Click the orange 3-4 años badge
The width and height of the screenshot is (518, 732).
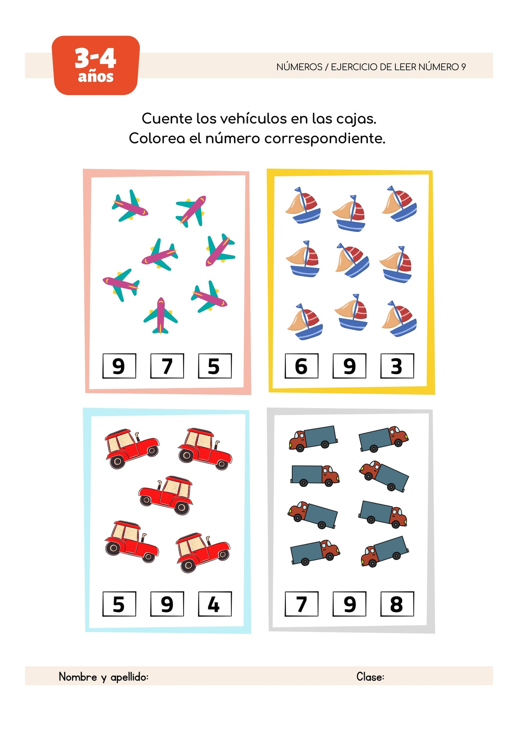pyautogui.click(x=96, y=65)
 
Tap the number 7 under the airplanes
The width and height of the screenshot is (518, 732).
pyautogui.click(x=167, y=366)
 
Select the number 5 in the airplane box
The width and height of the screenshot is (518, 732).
pyautogui.click(x=215, y=366)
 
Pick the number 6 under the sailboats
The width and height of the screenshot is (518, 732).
pyautogui.click(x=301, y=366)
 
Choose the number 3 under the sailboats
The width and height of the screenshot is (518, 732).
pyautogui.click(x=397, y=366)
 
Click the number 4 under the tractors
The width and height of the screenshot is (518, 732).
pyautogui.click(x=215, y=604)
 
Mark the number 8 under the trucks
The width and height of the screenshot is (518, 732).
pyautogui.click(x=397, y=604)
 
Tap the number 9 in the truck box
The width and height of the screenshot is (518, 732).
pyautogui.click(x=349, y=604)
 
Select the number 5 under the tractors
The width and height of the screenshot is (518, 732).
pyautogui.click(x=119, y=604)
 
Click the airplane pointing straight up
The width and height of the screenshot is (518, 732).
pyautogui.click(x=160, y=316)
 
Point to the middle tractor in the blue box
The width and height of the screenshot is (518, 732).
pyautogui.click(x=166, y=495)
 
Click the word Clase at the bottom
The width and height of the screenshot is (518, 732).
pyautogui.click(x=370, y=677)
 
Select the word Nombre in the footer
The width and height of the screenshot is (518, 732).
pyautogui.click(x=78, y=677)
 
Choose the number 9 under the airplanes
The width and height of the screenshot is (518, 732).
pyautogui.click(x=119, y=366)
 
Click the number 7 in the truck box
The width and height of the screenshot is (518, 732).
pyautogui.click(x=301, y=604)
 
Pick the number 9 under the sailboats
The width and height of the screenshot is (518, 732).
pyautogui.click(x=349, y=366)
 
